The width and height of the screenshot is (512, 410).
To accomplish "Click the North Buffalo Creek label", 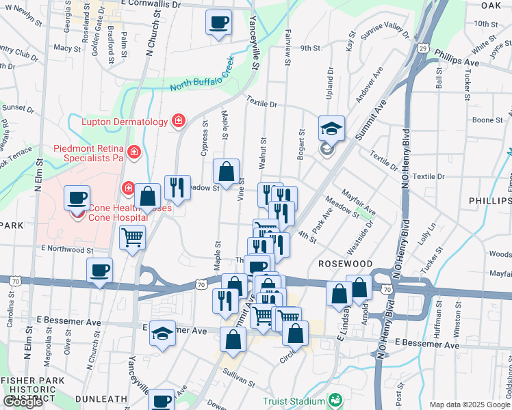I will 201,77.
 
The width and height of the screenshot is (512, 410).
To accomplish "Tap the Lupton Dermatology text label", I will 125,122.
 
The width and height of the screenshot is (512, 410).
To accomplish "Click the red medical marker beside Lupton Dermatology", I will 178,122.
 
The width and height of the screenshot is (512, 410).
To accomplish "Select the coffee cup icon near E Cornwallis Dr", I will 218,23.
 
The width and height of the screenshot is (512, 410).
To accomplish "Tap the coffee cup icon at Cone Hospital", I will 77,199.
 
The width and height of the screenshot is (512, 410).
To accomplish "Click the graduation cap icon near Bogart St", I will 331,128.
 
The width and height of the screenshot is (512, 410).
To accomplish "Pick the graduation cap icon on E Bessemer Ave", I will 162,333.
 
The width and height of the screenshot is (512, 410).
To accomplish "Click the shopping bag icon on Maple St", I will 226,172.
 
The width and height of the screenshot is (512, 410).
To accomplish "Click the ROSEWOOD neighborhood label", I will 344,264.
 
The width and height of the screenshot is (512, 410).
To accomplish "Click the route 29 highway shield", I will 424,48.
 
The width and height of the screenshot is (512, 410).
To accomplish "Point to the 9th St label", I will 310,48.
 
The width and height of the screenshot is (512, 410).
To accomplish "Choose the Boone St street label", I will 487,120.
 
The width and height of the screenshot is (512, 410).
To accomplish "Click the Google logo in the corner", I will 23,402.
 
